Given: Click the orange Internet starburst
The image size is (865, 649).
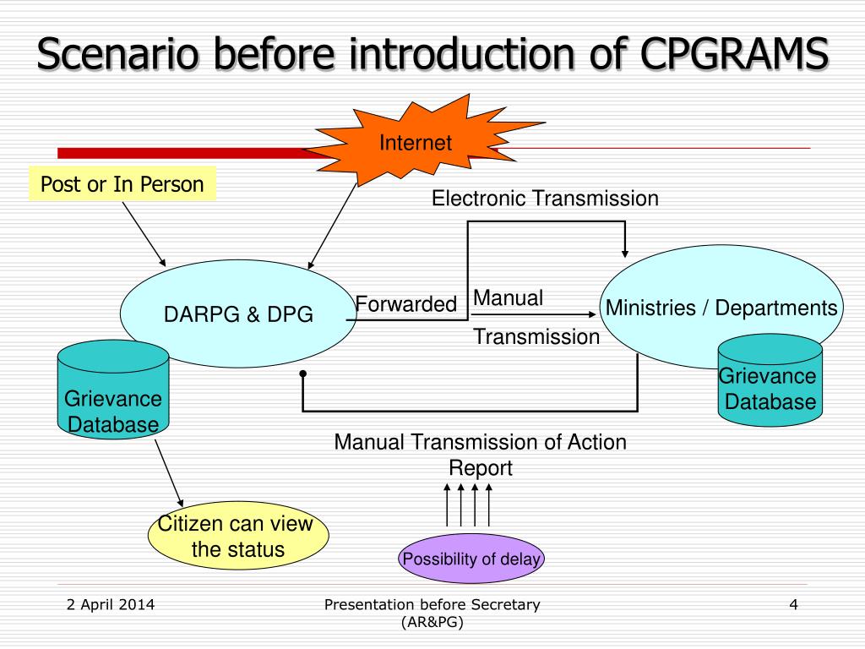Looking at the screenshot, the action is click(419, 142).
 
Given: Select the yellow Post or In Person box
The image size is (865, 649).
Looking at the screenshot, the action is click(122, 183).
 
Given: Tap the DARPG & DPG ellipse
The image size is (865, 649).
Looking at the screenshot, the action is click(238, 314).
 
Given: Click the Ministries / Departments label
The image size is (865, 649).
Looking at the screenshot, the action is click(721, 308).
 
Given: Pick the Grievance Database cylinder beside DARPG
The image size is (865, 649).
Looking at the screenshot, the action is click(113, 390).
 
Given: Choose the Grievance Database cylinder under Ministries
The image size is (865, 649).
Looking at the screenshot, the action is click(770, 380).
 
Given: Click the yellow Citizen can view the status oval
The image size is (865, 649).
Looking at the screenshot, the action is click(238, 535).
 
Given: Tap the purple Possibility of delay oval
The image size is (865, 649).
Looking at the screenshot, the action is click(471, 559).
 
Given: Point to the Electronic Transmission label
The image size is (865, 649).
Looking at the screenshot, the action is click(545, 198).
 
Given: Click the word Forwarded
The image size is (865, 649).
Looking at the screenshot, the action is click(406, 304).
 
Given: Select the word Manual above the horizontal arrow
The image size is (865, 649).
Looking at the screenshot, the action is click(508, 298).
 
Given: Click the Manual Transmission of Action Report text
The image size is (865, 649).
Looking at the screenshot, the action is click(481, 455).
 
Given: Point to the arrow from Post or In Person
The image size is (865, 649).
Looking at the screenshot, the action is click(144, 234).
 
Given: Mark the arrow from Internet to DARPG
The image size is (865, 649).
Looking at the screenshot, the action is click(332, 226).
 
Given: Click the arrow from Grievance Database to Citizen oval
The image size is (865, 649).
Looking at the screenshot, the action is click(169, 473).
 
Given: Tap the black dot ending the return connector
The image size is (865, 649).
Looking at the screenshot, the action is click(303, 374).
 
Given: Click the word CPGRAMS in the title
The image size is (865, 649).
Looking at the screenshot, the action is click(734, 53).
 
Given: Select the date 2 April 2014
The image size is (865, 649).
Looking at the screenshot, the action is click(111, 605).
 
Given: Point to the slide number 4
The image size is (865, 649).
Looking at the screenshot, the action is click(793, 605).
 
